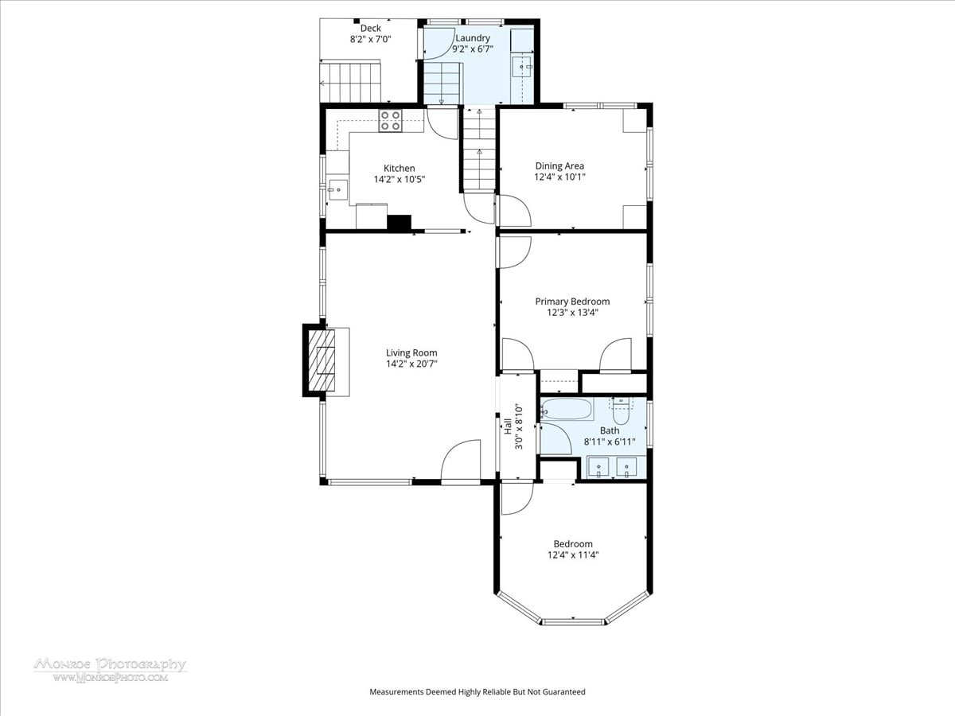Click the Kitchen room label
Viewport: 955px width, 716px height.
(x=399, y=168)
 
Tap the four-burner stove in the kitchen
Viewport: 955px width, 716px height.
(x=390, y=121)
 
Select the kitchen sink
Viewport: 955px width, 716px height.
(x=338, y=190)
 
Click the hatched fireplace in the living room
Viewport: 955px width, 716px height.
(x=322, y=360)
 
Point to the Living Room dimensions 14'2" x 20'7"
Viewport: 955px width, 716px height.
(x=411, y=364)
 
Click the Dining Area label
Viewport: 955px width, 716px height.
(x=559, y=165)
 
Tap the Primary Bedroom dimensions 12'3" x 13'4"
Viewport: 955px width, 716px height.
(x=572, y=313)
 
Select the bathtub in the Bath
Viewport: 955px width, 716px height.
(x=567, y=409)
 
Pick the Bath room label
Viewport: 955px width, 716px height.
(x=610, y=430)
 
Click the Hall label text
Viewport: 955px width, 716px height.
(x=508, y=426)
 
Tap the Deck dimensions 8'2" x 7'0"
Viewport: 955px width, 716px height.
(x=371, y=40)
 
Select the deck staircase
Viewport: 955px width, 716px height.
(x=350, y=83)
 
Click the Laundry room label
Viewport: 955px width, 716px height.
(x=473, y=38)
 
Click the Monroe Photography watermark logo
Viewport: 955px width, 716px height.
(x=111, y=671)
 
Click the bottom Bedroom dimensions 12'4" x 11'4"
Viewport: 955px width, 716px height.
(x=574, y=555)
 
